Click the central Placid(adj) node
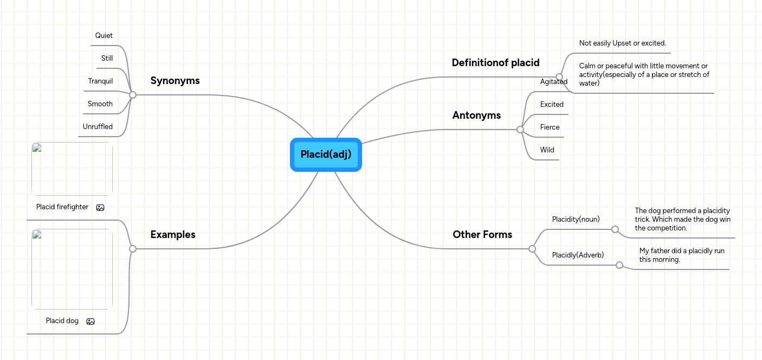pos(326,155)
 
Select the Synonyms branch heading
pos(175,81)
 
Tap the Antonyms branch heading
pos(476,115)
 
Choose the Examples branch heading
pos(173,235)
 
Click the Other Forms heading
pos(482,235)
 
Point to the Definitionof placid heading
pos(495,63)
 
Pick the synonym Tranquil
pos(101,81)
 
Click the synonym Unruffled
pos(98,127)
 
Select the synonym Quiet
pos(104,36)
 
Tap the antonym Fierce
pos(550,127)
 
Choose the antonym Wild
pos(547,150)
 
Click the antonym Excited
pos(552,105)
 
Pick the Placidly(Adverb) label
pos(578,255)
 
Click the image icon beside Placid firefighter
pos(100,208)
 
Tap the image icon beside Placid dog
pos(91,322)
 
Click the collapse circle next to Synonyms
pos(133,95)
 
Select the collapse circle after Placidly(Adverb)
pos(619,265)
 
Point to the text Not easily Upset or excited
pos(622,43)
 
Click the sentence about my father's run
pos(681,255)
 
